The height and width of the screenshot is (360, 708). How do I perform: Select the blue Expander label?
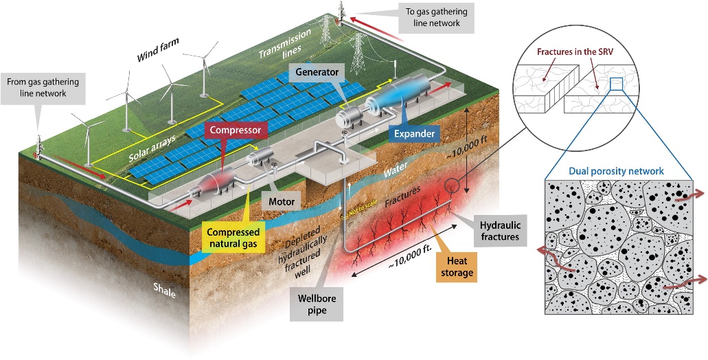point(414,133)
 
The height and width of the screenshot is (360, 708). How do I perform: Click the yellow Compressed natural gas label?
point(233,238)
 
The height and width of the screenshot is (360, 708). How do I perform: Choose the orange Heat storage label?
point(456,267)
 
